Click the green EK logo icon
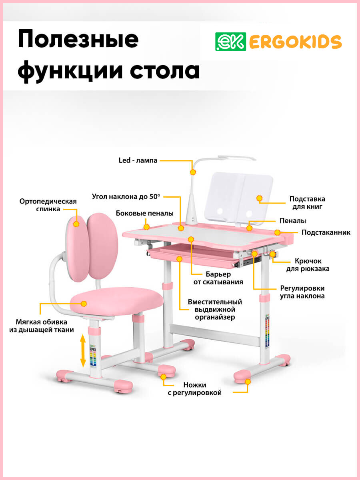point(230,42)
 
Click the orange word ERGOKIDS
point(295,42)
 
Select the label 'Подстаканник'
point(326,232)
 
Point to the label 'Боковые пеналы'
point(145,213)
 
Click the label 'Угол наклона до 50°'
point(126,196)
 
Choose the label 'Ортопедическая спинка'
point(48,205)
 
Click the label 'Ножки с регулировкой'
point(194,389)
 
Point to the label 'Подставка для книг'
point(307,203)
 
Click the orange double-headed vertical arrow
point(83,351)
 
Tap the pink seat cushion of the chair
point(116,302)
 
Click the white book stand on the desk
point(240,198)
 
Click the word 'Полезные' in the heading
point(78,40)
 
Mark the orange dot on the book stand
point(259,198)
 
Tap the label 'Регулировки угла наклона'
point(302,292)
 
